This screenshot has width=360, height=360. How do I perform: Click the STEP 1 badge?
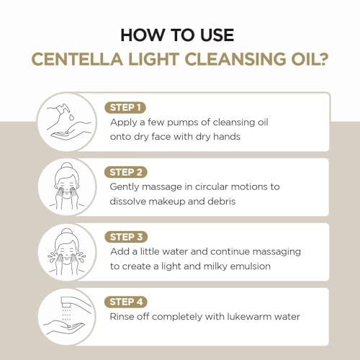pos(125,107)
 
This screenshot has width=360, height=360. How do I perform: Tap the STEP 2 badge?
pos(125,172)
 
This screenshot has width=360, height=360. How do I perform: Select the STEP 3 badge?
pos(126,237)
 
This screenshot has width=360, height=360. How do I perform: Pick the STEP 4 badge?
pos(126,302)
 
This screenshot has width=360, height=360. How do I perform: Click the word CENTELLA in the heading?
pos(77,59)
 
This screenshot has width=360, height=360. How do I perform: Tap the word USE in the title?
pos(217,35)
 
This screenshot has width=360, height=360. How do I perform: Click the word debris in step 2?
pos(221,202)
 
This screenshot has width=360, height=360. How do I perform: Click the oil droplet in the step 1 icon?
pos(71,117)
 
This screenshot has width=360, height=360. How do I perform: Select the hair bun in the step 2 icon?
pos(67,166)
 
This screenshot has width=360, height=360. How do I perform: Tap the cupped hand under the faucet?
pos(63,327)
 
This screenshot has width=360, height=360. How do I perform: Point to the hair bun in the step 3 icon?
pos(66,233)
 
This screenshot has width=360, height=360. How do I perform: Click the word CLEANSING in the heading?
pos(236,59)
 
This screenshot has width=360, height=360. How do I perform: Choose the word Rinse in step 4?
pos(122,317)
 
